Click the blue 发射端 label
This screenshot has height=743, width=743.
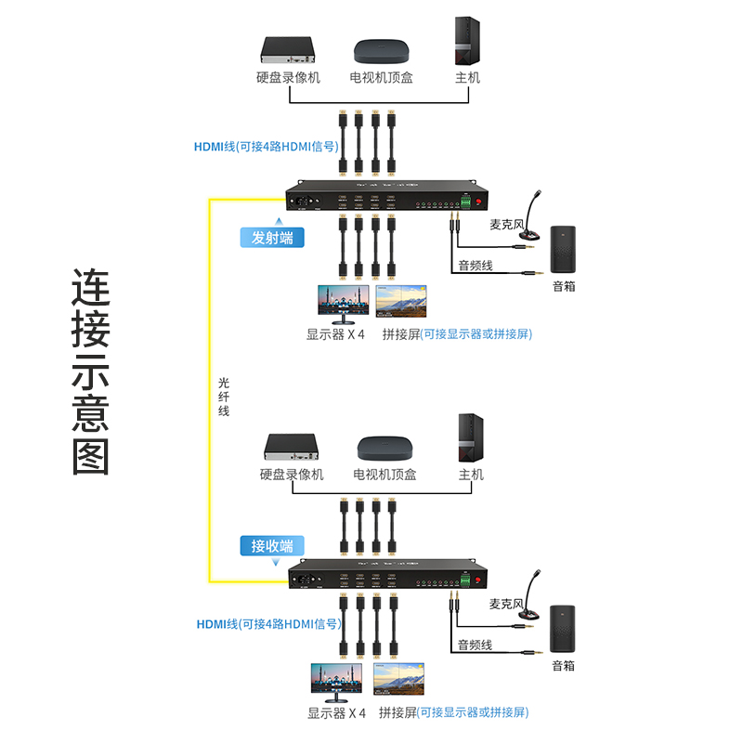272,237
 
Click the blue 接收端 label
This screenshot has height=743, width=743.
272,545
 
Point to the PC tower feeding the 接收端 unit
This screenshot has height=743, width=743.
470,437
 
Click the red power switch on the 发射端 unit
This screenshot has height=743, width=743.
480,202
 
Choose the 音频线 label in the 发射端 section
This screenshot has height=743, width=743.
476,267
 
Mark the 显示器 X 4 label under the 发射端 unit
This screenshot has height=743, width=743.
336,334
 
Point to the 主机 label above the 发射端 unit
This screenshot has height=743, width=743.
467,78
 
